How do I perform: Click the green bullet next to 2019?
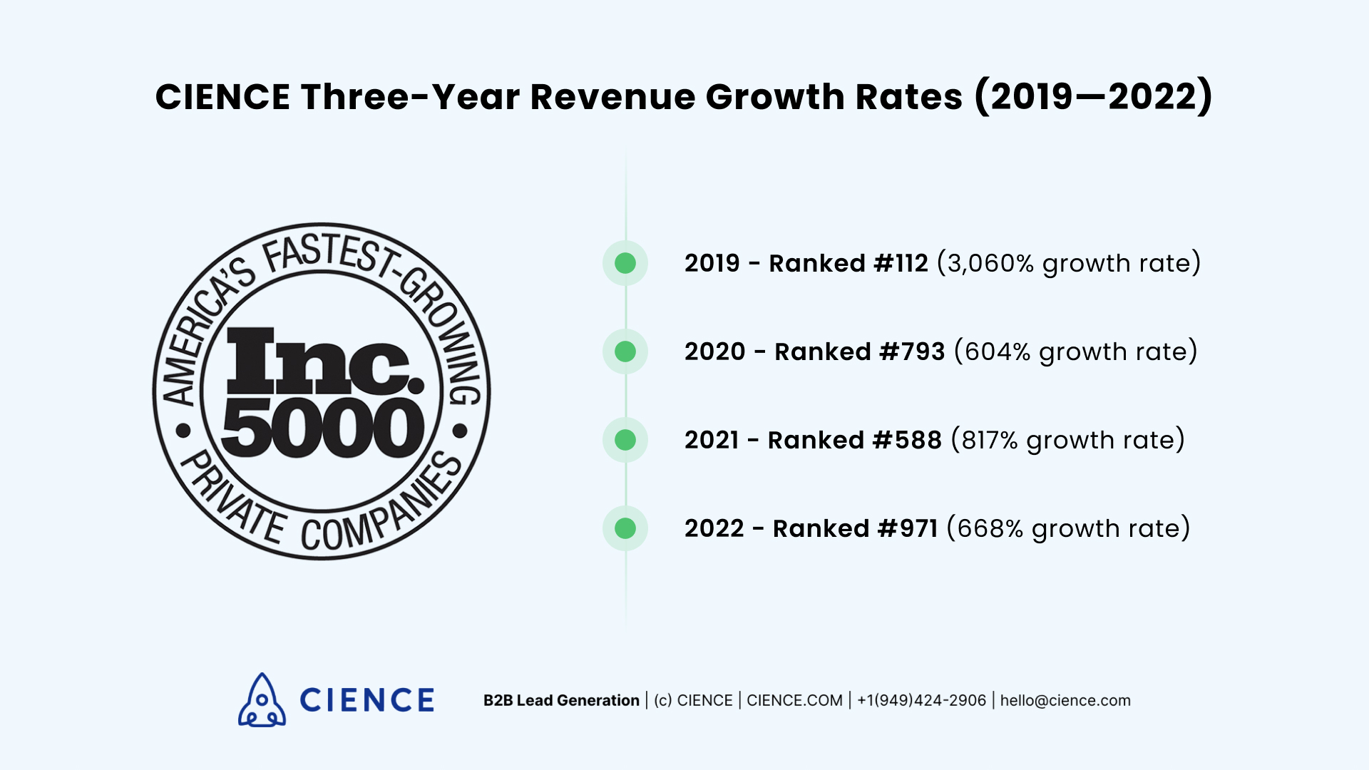(625, 263)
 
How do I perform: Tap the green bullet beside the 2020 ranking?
(625, 351)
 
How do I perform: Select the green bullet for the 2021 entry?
(625, 440)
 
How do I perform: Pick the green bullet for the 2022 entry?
(625, 528)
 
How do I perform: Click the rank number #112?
(901, 264)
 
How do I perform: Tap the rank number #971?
(908, 529)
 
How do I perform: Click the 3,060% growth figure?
(990, 264)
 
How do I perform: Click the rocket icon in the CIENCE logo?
(262, 700)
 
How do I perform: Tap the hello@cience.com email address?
(1065, 701)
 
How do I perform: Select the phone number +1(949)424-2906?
(921, 701)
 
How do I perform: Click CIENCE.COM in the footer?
(794, 701)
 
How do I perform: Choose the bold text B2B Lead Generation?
(561, 701)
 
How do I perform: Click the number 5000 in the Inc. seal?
(322, 428)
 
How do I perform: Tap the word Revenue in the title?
(612, 97)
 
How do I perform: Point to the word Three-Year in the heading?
(410, 97)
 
